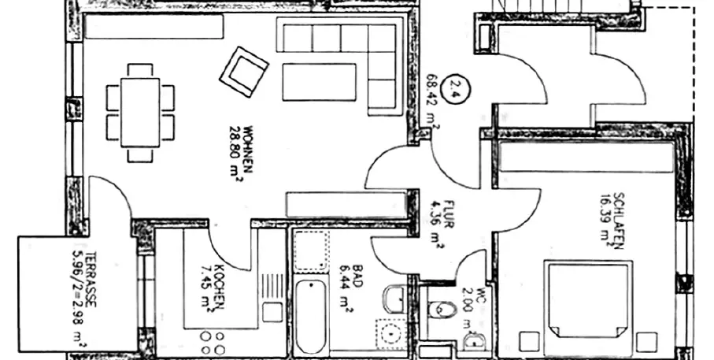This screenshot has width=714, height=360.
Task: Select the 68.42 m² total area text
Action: (432, 97)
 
